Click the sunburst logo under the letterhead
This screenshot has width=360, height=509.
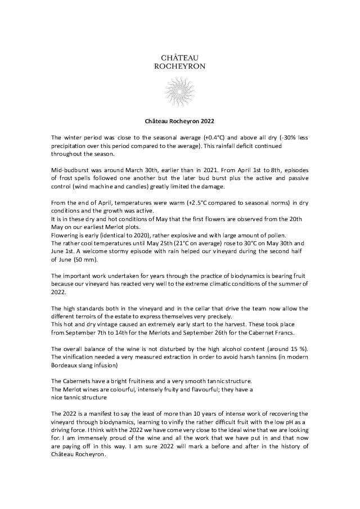point(179,91)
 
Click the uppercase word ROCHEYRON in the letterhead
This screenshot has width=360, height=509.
point(179,66)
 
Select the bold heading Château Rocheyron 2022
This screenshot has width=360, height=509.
point(179,120)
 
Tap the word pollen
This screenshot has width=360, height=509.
point(235,235)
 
